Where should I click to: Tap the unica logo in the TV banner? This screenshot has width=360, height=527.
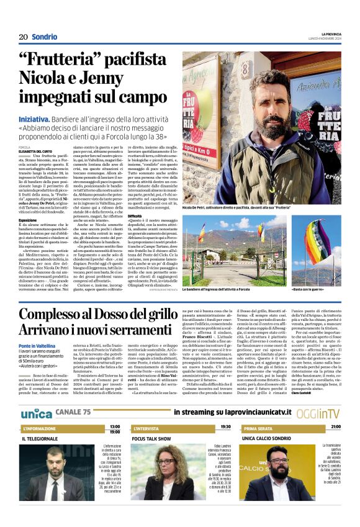pyautogui.click(x=37, y=413)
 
